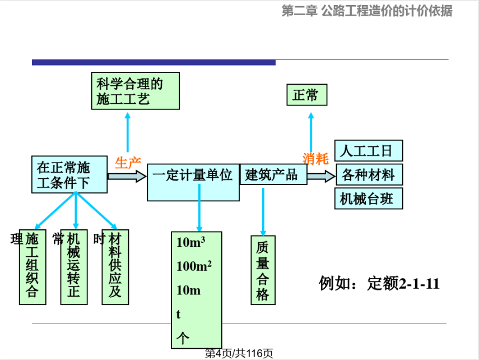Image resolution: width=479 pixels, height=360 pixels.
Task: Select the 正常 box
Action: pyautogui.click(x=306, y=95)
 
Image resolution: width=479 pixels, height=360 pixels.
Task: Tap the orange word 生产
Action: pyautogui.click(x=128, y=163)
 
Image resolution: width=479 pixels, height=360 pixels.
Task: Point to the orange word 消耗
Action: pyautogui.click(x=315, y=159)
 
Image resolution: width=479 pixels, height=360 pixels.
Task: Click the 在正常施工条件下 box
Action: pyautogui.click(x=69, y=174)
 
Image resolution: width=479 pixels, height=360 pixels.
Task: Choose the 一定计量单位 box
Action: pyautogui.click(x=193, y=182)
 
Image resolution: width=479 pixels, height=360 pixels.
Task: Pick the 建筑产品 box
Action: pyautogui.click(x=273, y=174)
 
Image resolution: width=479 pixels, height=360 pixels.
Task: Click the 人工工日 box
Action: pyautogui.click(x=369, y=151)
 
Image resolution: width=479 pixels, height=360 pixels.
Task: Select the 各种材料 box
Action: pyautogui.click(x=369, y=175)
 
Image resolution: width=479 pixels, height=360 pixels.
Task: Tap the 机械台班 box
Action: pyautogui.click(x=369, y=199)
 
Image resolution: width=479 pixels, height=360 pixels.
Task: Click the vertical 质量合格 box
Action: pyautogui.click(x=263, y=270)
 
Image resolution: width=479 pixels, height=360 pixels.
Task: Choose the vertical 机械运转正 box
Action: pyautogui.click(x=74, y=266)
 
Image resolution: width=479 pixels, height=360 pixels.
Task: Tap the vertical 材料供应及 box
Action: pyautogui.click(x=115, y=266)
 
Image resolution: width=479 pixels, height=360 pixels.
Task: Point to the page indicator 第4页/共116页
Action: pyautogui.click(x=239, y=353)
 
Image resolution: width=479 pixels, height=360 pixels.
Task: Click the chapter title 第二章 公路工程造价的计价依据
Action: pyautogui.click(x=366, y=11)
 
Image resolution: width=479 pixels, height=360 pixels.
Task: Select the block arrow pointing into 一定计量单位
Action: pyautogui.click(x=127, y=176)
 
